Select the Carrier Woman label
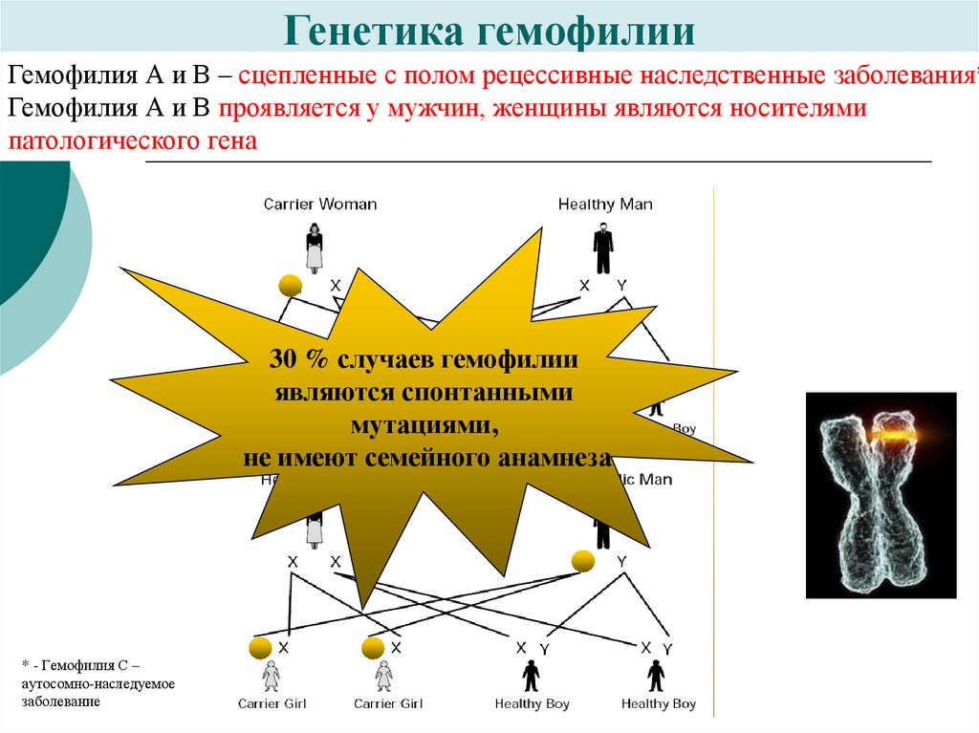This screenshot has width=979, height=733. click(320, 204)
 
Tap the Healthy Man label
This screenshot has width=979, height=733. click(605, 204)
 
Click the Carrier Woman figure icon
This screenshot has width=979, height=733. click(314, 248)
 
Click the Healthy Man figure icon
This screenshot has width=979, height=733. click(602, 248)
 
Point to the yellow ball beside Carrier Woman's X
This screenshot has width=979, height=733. click(290, 284)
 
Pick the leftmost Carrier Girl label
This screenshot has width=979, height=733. click(272, 704)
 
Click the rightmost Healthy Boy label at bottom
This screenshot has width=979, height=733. click(658, 704)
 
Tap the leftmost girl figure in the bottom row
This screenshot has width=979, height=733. click(272, 675)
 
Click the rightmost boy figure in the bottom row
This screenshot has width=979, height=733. click(656, 675)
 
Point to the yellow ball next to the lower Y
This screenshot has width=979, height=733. click(582, 561)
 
